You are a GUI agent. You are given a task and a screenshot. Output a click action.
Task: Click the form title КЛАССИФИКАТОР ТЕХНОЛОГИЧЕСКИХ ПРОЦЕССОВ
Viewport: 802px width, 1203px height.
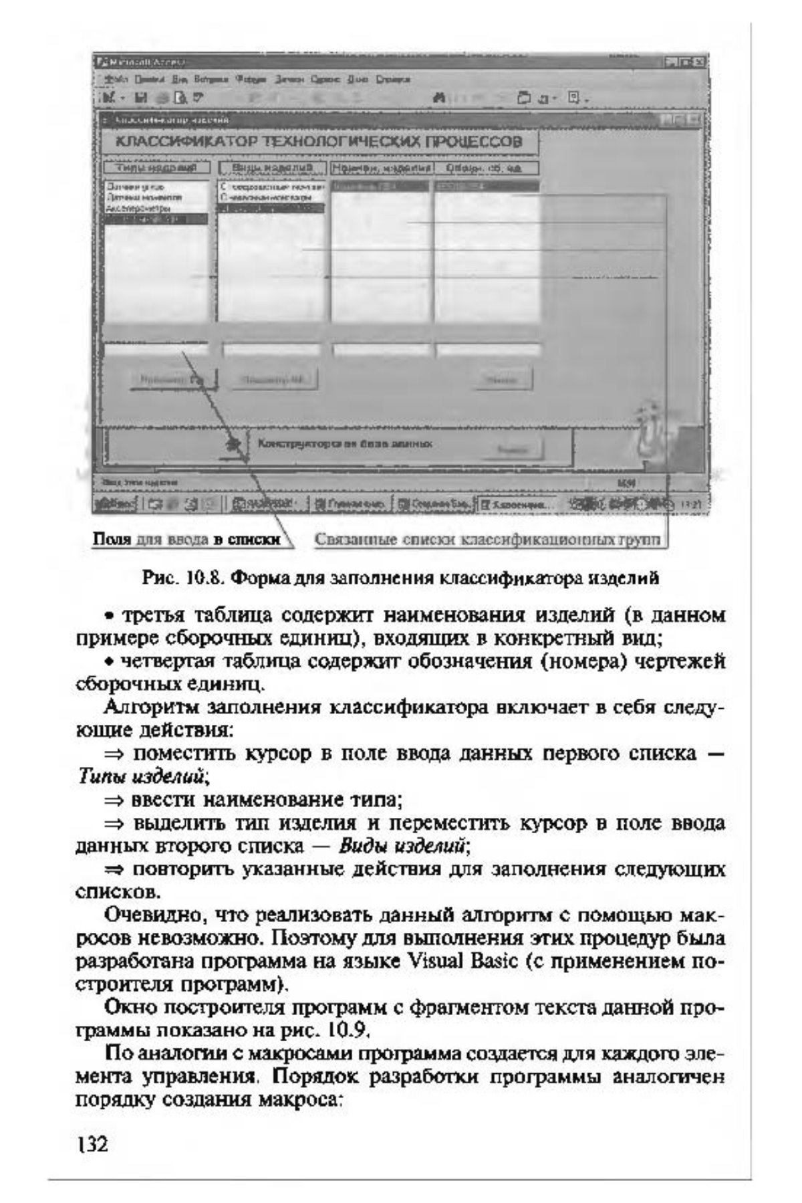click(319, 142)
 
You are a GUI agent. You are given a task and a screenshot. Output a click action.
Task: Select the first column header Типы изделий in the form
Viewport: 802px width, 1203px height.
click(156, 167)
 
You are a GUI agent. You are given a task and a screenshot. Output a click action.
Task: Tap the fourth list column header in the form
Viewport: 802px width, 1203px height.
click(487, 167)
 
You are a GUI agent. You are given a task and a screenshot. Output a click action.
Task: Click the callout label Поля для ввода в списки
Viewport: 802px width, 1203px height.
click(186, 539)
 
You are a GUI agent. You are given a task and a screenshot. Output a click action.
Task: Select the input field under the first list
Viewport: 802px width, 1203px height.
click(156, 349)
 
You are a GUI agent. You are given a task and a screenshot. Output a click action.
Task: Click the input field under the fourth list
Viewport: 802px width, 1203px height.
click(487, 349)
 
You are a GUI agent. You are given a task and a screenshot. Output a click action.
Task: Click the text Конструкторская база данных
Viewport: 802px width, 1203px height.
click(345, 443)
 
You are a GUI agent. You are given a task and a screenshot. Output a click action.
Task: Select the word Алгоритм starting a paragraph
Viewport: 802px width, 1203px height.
click(152, 707)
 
